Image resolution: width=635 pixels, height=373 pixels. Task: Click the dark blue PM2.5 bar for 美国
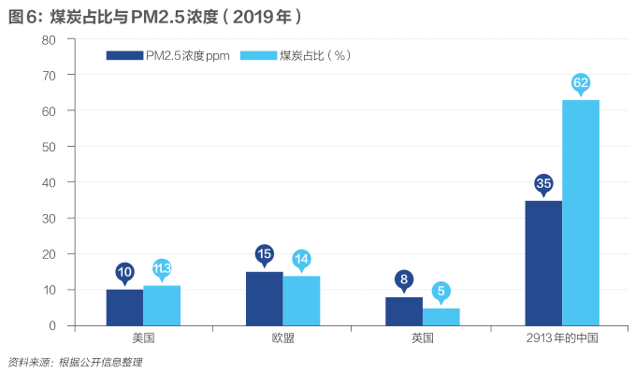click(x=124, y=308)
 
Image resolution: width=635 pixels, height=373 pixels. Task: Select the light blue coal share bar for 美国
click(x=162, y=306)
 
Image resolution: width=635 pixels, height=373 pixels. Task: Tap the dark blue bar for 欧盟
click(x=265, y=298)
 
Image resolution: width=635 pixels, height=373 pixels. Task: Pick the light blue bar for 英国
click(x=441, y=317)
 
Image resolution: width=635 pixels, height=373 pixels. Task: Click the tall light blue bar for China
click(x=581, y=212)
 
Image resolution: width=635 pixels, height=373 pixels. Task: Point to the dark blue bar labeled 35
click(x=543, y=263)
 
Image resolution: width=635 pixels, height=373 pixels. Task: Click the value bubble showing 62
click(x=581, y=84)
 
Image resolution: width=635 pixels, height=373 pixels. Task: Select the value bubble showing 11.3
click(x=162, y=269)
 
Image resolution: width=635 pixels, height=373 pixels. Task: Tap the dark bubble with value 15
click(x=265, y=255)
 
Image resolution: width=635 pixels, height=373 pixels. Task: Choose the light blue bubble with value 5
click(x=441, y=292)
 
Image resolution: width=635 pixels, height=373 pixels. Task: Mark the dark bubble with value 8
click(x=404, y=280)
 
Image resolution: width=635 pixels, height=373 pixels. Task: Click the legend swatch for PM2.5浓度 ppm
click(x=124, y=55)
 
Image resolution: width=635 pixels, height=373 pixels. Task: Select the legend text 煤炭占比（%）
click(x=315, y=55)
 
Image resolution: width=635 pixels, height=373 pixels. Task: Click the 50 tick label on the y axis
click(x=49, y=147)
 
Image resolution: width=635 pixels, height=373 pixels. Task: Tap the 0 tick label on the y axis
click(x=52, y=325)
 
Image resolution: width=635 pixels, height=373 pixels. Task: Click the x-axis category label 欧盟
click(x=283, y=337)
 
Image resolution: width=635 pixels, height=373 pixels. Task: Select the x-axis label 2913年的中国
click(x=562, y=337)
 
